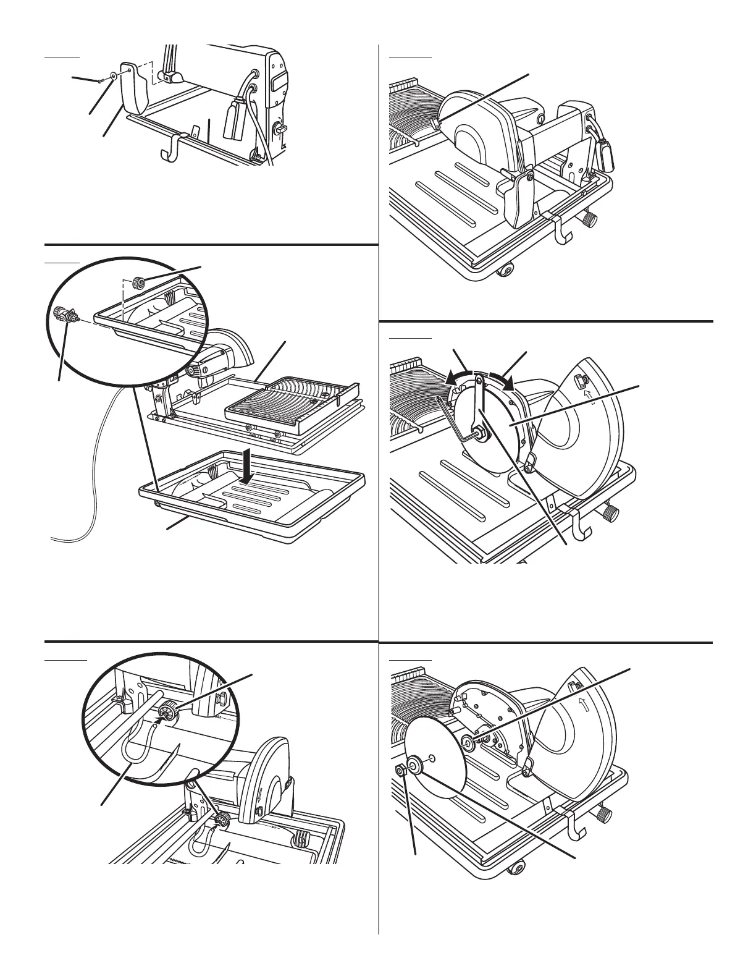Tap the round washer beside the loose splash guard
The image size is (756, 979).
(114, 76)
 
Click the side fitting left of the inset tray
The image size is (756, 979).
(64, 313)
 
